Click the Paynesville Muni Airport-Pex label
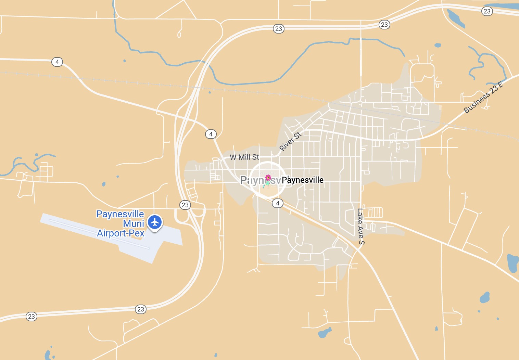point(121,223)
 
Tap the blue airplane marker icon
point(155,222)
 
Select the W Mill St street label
point(244,157)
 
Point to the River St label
point(290,141)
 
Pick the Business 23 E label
point(483,98)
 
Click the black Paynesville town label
point(302,180)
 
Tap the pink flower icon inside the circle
point(268,178)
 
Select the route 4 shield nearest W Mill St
point(211,134)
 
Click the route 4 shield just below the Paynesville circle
point(278,203)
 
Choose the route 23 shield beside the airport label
point(185,205)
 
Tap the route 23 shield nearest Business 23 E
point(487,11)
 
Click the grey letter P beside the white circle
point(244,180)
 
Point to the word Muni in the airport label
point(134,223)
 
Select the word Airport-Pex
point(121,233)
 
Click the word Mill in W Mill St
point(244,157)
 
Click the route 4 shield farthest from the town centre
point(57,62)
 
